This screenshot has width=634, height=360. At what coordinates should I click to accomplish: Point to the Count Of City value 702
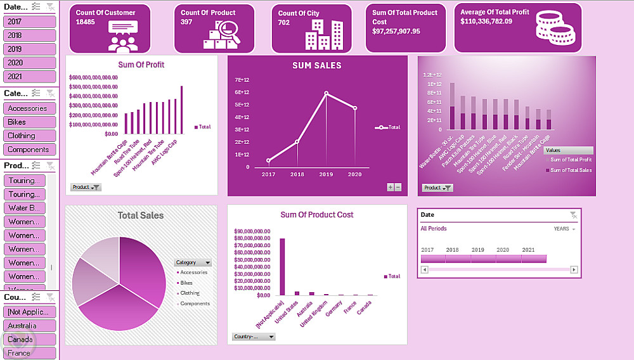284,22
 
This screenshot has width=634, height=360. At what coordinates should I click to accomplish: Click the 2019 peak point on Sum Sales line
327,93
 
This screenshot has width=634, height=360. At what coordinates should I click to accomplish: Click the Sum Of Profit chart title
141,65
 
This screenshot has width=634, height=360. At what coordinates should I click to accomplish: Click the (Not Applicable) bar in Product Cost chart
282,267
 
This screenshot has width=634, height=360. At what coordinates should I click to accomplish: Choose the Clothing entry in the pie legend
190,293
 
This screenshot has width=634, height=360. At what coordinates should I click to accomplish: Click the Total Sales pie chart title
140,215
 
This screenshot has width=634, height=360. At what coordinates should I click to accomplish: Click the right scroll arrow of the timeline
574,269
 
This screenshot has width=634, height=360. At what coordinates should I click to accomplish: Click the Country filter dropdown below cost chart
254,337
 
